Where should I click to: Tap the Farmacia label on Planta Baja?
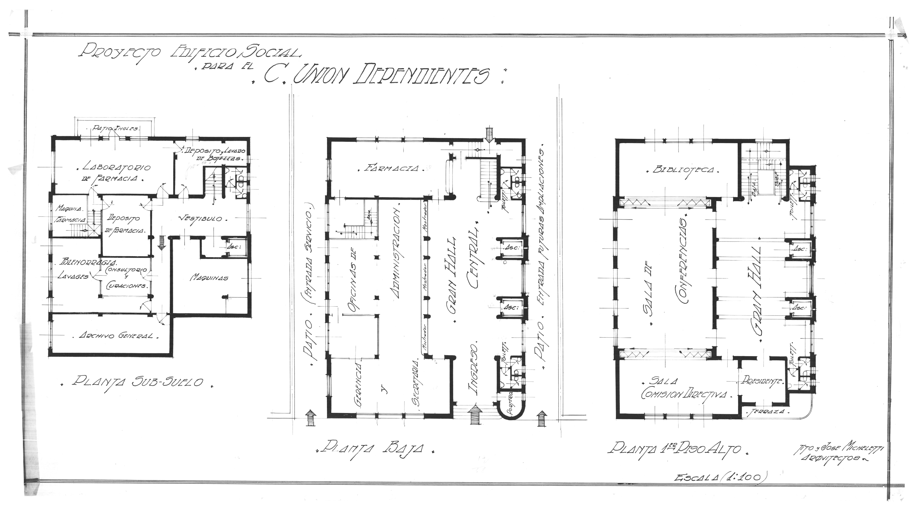(392, 168)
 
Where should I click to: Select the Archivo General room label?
(116, 335)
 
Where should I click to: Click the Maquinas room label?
(209, 277)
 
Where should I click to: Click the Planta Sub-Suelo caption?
(138, 382)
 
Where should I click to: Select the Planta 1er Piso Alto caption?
(674, 448)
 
